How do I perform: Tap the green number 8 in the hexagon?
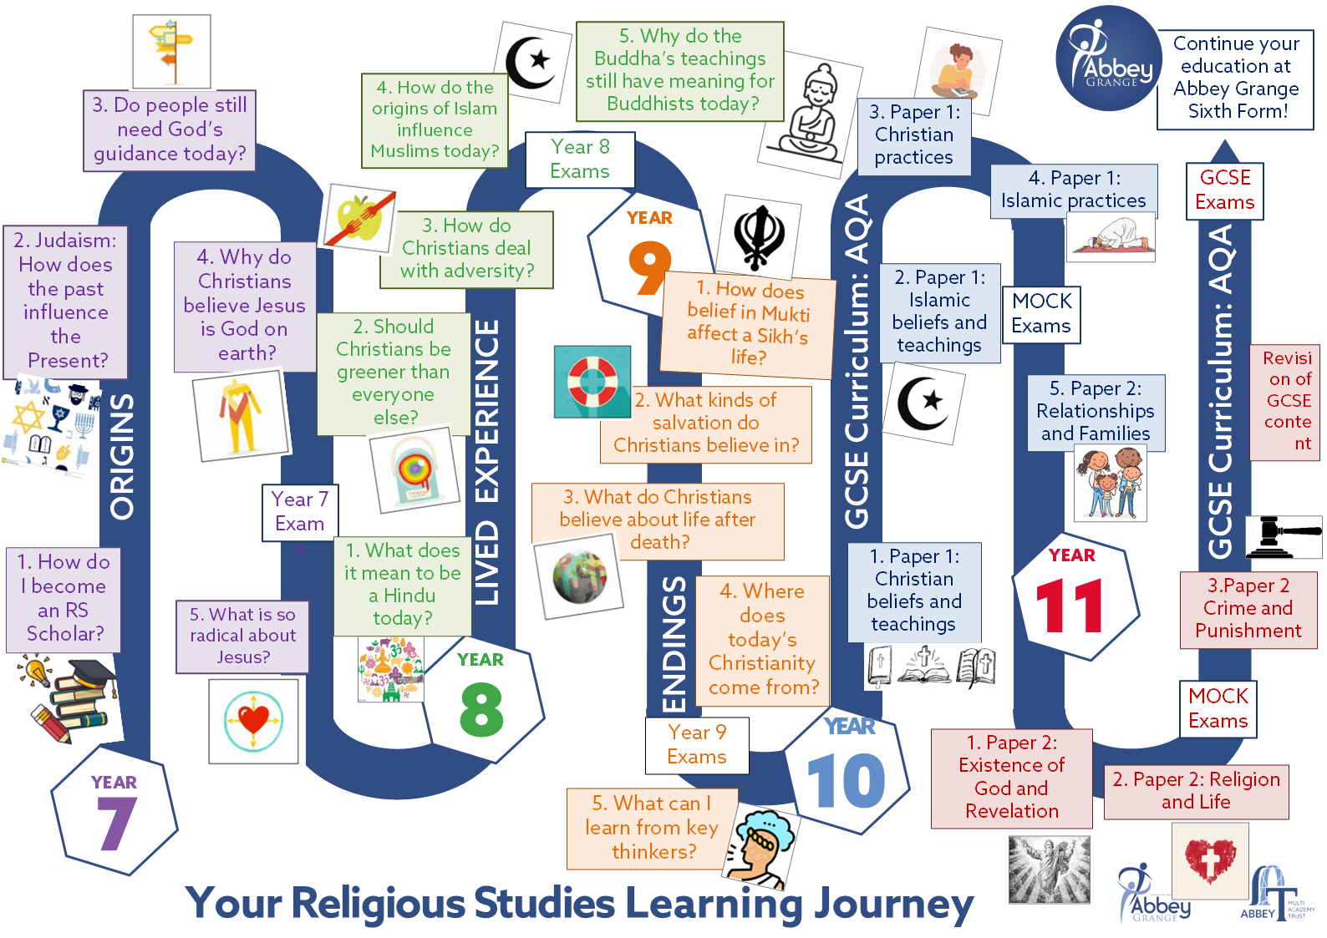pos(481,710)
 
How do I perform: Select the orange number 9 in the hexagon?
pos(650,268)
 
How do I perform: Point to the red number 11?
pos(1070,607)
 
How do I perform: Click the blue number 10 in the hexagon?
pos(847,782)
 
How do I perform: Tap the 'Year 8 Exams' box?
pos(580,160)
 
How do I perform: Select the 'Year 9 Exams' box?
pos(697,745)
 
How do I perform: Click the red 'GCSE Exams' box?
pos(1225,190)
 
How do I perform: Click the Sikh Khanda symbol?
pos(760,237)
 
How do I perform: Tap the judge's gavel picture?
pos(1284,536)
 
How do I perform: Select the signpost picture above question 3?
pos(171,51)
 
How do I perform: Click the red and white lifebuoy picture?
pos(592,382)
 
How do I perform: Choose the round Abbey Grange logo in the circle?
pos(1108,58)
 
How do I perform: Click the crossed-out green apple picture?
pos(359,218)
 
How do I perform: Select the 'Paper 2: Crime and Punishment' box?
pos(1248,609)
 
